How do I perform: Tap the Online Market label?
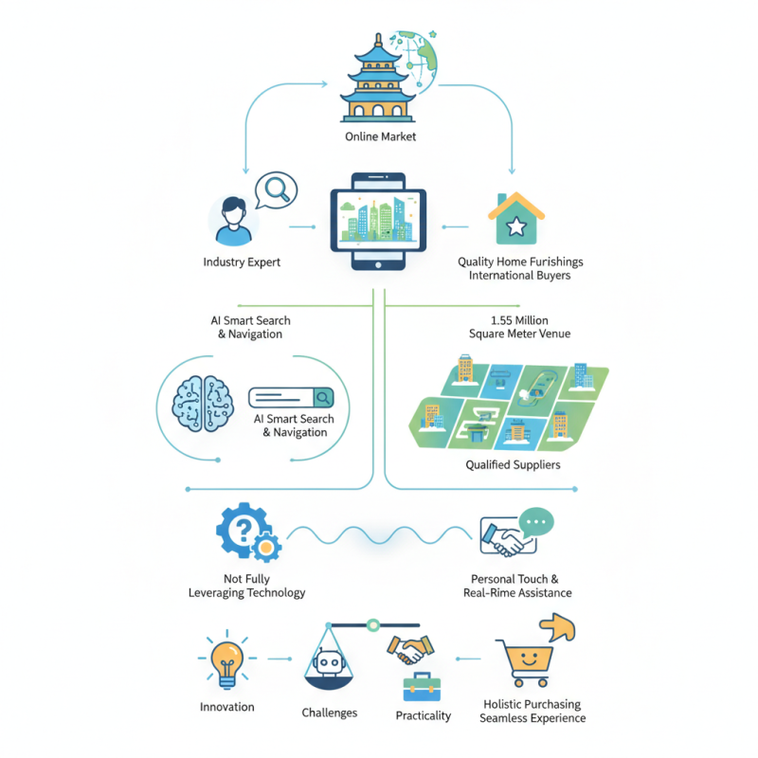coord(380,137)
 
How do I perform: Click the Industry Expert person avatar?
coord(233,220)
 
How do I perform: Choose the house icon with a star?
coord(516,219)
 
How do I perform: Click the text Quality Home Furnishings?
coord(520,262)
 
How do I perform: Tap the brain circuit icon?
coord(201,404)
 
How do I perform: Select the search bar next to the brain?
coord(292,398)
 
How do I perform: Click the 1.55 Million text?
coord(520,320)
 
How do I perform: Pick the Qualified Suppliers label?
coord(513,465)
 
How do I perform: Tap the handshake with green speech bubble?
coord(515,533)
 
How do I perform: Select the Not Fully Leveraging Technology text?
coord(246,586)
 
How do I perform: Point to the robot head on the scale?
coord(328,662)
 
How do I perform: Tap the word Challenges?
coord(329,712)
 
